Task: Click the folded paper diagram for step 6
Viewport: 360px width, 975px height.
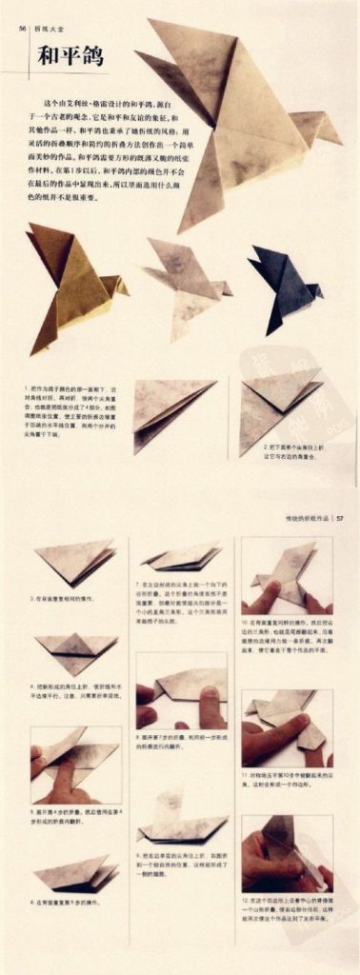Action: pos(75,870)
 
